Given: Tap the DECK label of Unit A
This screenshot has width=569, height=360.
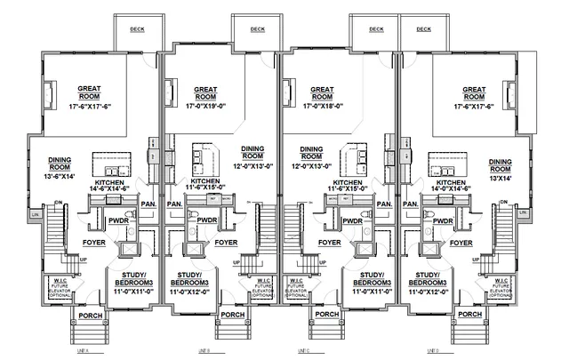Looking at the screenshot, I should pyautogui.click(x=137, y=28).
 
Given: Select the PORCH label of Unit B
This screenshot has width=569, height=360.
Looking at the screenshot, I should pyautogui.click(x=233, y=315).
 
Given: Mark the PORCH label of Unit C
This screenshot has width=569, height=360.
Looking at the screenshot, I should pyautogui.click(x=325, y=315).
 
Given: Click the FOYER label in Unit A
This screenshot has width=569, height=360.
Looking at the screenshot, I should pyautogui.click(x=95, y=242).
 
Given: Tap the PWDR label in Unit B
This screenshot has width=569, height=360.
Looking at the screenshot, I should pyautogui.click(x=207, y=220).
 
